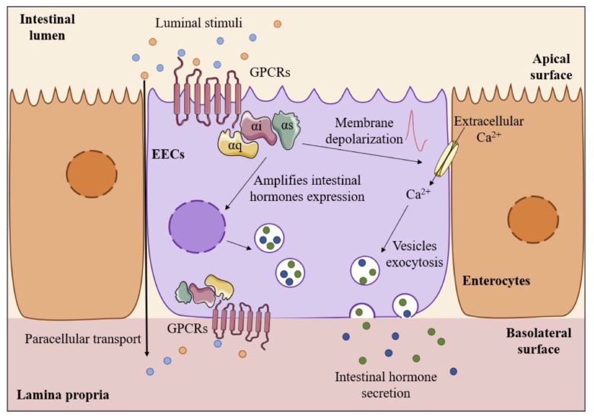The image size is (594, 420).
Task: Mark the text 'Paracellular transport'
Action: point(78,339)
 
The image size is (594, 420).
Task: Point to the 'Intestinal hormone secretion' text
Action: point(389,385)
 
